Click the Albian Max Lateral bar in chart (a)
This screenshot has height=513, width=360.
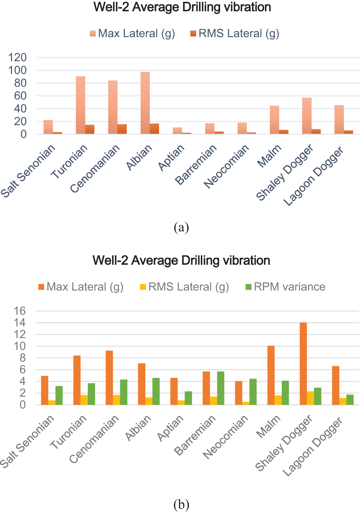point(145,103)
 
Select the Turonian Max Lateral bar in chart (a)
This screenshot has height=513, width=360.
point(81,105)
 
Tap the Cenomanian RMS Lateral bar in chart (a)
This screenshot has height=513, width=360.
point(122,129)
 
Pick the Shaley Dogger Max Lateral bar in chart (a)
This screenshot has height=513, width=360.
point(307,116)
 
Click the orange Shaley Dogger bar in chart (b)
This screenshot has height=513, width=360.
point(303,364)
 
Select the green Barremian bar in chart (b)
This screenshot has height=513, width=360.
point(221,388)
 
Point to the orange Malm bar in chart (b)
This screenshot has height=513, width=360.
point(271,375)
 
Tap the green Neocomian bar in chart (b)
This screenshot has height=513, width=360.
point(253,392)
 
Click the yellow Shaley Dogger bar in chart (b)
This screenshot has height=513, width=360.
point(311,398)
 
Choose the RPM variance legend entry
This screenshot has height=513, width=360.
point(286,287)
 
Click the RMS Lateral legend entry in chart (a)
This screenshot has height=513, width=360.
point(235,34)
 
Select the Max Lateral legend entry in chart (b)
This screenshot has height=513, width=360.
point(81,287)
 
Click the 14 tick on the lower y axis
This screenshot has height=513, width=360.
point(20,323)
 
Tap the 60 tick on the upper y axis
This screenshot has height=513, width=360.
point(20,96)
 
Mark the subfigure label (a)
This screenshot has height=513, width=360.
point(181,227)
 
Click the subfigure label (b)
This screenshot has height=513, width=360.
point(181,504)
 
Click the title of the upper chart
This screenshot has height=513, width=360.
point(182,7)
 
